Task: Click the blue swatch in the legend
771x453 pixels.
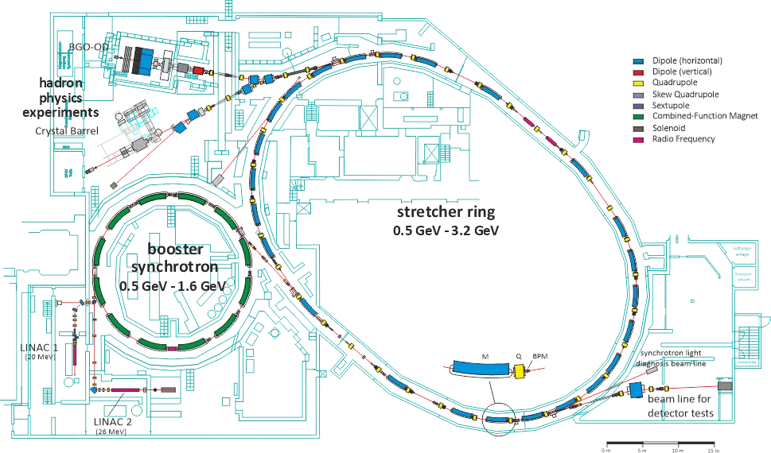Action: (639, 62)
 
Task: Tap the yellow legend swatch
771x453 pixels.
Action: (639, 83)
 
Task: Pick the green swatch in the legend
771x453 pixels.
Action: (639, 117)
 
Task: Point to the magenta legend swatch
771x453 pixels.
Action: (639, 140)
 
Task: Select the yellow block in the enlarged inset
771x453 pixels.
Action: (520, 371)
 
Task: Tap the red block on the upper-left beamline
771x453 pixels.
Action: (198, 71)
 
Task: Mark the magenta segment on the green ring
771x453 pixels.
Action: (172, 348)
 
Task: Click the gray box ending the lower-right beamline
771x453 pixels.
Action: (725, 385)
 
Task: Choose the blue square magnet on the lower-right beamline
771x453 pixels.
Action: (636, 389)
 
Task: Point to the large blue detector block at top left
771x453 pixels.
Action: (144, 62)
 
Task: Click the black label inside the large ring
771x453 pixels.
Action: (446, 219)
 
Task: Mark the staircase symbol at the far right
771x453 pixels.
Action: (748, 343)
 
